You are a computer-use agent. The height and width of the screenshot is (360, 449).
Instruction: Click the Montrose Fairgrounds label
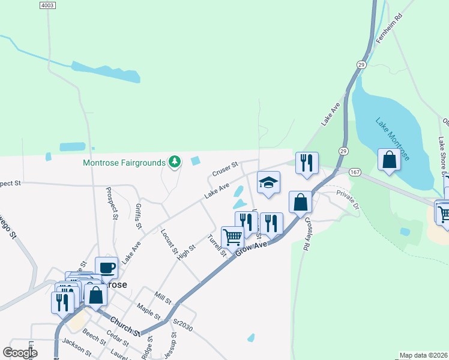click(x=124, y=163)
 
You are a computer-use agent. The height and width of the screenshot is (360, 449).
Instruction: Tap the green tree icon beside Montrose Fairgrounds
click(x=175, y=161)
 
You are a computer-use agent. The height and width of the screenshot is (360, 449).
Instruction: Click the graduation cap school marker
click(x=268, y=183)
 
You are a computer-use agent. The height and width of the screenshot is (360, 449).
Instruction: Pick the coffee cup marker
click(x=107, y=268)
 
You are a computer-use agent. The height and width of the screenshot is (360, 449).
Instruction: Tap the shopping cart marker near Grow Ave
click(x=232, y=236)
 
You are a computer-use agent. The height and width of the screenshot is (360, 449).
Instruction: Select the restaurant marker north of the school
click(x=307, y=163)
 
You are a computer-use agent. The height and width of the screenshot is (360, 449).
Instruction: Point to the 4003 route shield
click(x=47, y=5)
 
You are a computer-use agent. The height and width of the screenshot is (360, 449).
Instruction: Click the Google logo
click(x=19, y=352)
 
